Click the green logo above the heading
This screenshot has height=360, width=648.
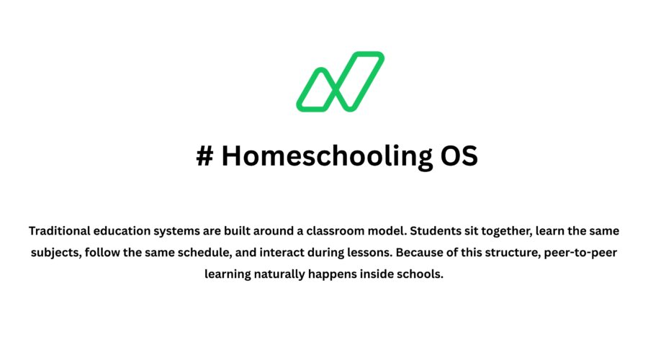(x=340, y=81)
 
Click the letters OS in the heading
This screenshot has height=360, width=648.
(x=459, y=156)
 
